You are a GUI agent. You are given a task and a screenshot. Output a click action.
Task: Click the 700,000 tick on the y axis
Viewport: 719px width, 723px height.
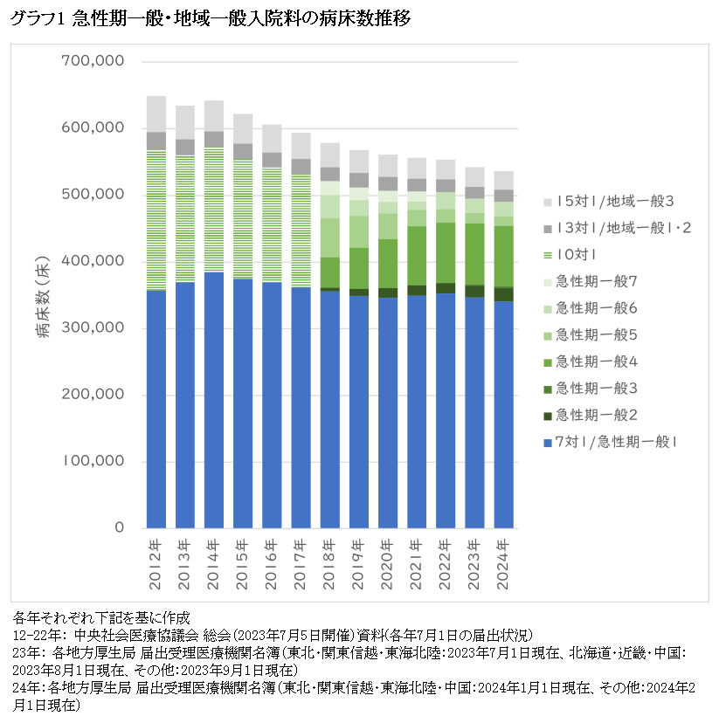point(93,62)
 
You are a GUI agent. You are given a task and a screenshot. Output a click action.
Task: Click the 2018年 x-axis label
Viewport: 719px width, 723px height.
point(330,557)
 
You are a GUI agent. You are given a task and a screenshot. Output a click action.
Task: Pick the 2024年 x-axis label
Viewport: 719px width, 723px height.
point(504,557)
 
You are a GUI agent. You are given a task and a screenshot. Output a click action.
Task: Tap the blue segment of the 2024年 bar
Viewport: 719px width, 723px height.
point(504,415)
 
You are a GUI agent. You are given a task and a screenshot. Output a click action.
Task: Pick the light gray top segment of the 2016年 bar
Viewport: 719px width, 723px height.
point(273,139)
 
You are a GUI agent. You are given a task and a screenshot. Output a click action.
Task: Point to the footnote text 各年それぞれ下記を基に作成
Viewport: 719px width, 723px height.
point(102,616)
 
